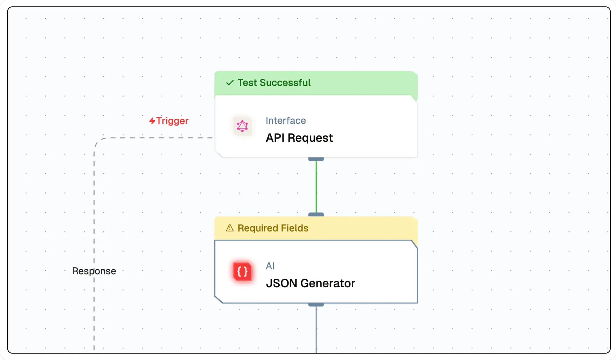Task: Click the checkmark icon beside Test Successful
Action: [230, 83]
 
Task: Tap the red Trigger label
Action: [172, 121]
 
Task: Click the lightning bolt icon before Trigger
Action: [152, 121]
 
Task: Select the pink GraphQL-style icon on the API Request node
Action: [242, 126]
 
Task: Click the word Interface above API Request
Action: [286, 120]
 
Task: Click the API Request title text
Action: [299, 138]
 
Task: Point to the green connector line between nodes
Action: [316, 186]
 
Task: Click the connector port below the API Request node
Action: [316, 159]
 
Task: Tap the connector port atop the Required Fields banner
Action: [316, 214]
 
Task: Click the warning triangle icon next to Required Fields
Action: [230, 228]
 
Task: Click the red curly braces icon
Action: [242, 272]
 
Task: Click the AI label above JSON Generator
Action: [270, 266]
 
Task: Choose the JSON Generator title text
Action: [310, 283]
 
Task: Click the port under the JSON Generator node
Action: [316, 305]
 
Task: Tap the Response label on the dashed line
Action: [94, 271]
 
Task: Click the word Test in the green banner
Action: [247, 83]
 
